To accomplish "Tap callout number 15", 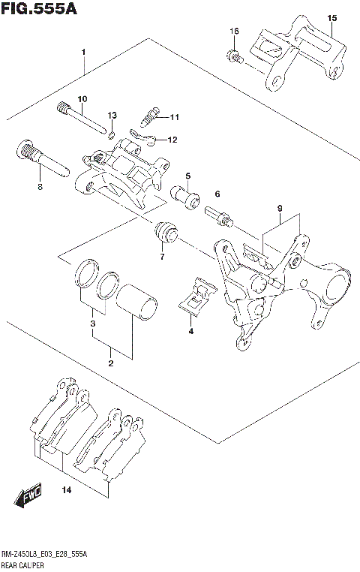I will click(x=332, y=17).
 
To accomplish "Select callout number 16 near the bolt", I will click(x=234, y=31).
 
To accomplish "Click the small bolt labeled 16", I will click(x=235, y=56).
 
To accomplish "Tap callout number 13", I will click(x=112, y=115).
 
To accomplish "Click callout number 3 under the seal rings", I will click(x=92, y=324).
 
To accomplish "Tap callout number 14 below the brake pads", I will click(x=67, y=490).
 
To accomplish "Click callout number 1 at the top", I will click(x=84, y=52).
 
